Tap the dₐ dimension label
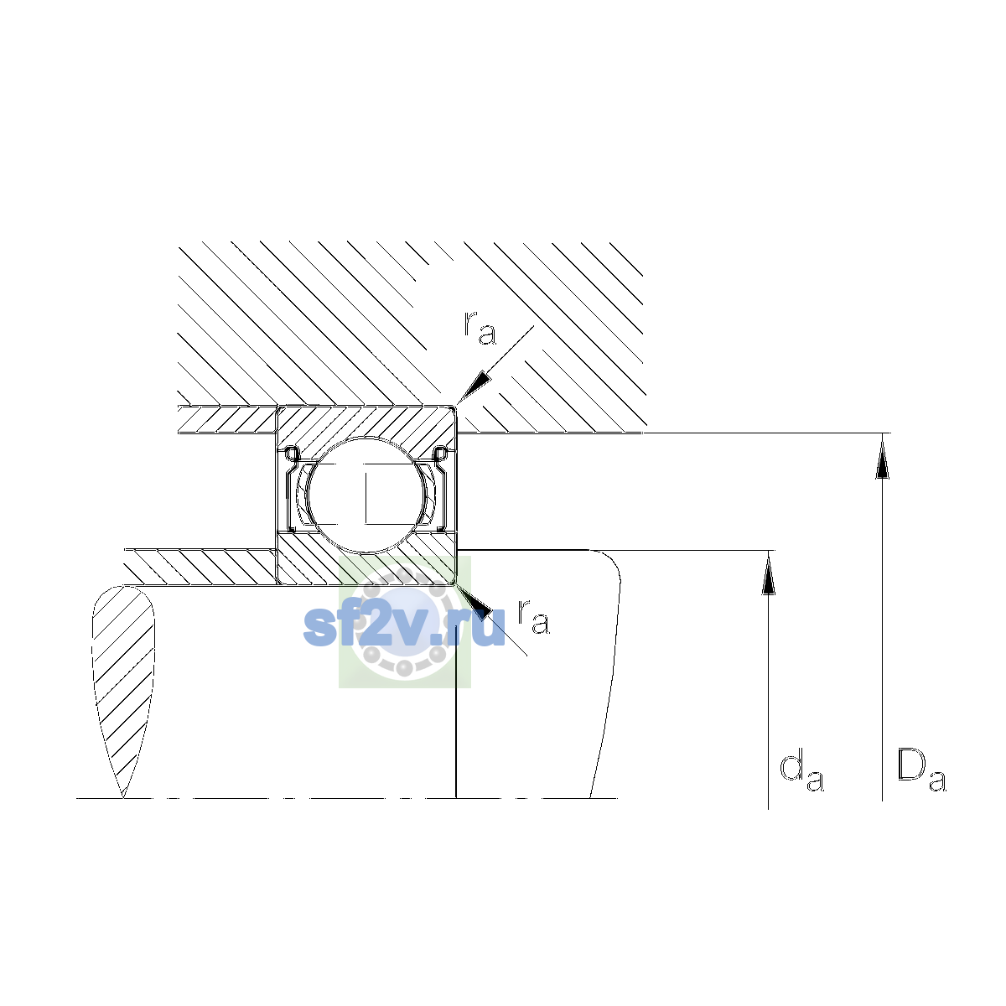pyautogui.click(x=801, y=772)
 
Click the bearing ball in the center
pyautogui.click(x=366, y=495)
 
